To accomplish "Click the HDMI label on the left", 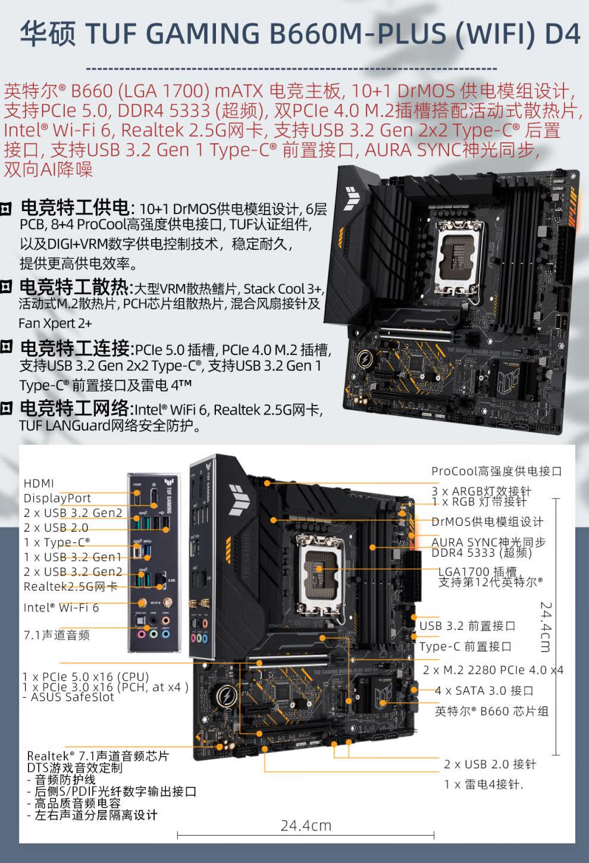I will tap(39, 483).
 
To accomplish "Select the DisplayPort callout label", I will tap(58, 498).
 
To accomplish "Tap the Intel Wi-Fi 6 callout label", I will tap(61, 607).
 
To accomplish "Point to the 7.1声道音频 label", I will tap(57, 635).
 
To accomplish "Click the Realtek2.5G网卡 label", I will tap(71, 586).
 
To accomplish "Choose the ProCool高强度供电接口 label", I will tap(496, 471).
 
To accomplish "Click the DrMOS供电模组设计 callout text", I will tap(487, 522).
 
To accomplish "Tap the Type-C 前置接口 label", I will tap(465, 647).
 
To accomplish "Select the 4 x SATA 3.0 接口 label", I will tap(484, 691).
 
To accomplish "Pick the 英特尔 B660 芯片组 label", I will tap(491, 711).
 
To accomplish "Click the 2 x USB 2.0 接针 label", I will tap(490, 764).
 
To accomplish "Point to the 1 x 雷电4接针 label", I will tap(483, 784).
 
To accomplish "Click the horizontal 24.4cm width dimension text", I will tap(306, 826).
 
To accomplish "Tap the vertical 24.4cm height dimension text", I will tap(546, 627).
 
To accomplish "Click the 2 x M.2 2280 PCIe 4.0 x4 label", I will tap(493, 670).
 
